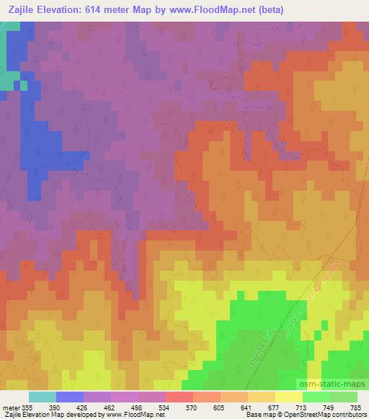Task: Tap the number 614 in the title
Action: tap(111, 10)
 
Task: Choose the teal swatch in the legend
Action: tap(43, 397)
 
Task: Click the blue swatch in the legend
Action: tap(70, 397)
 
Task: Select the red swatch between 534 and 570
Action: tap(179, 397)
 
